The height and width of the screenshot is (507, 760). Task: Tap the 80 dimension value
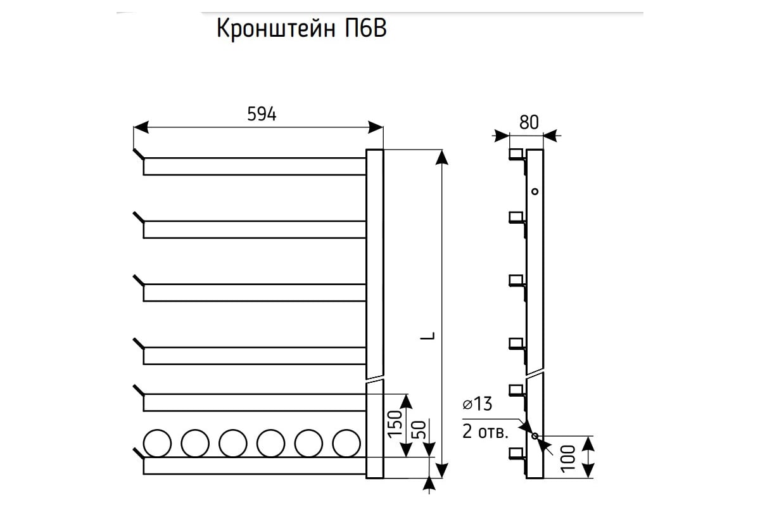(x=528, y=122)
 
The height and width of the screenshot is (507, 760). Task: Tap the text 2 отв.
(x=484, y=433)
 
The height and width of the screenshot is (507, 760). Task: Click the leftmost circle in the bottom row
(x=157, y=442)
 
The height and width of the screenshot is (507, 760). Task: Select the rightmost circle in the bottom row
(x=346, y=442)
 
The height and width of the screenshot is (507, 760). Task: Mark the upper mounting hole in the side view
(x=535, y=191)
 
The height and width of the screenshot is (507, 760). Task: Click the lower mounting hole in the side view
(x=535, y=436)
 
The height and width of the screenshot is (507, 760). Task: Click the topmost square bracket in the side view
(x=516, y=154)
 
